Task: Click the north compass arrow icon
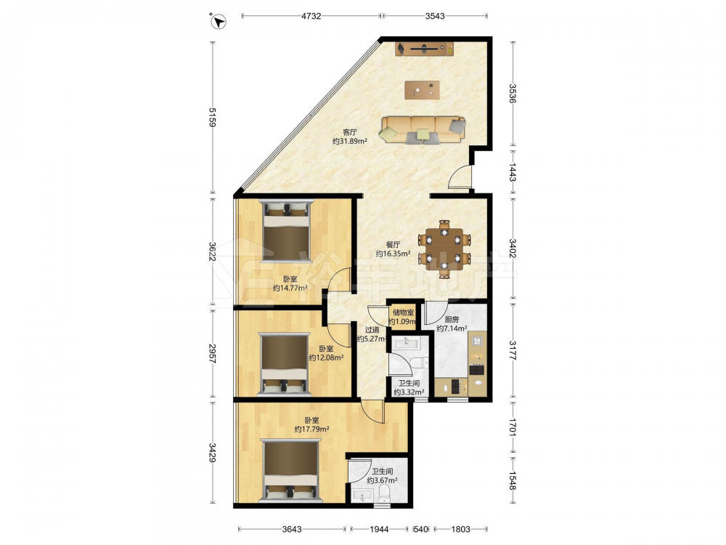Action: point(218,21)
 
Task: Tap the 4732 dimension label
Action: point(311,16)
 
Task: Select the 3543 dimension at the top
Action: point(435,16)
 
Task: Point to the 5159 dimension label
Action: point(213,117)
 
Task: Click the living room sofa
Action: point(423,129)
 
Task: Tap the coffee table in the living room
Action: point(422,90)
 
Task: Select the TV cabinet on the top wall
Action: point(424,49)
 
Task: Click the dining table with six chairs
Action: point(444,249)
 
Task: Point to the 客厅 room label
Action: point(350,132)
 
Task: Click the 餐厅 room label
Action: point(393,245)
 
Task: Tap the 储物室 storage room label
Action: point(403,312)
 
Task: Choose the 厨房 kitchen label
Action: point(452,319)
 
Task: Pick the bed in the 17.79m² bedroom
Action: point(290,470)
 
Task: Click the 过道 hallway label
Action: point(372,330)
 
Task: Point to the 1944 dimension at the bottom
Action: point(379,529)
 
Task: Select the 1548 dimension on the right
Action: point(513,480)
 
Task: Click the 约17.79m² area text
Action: point(311,429)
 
